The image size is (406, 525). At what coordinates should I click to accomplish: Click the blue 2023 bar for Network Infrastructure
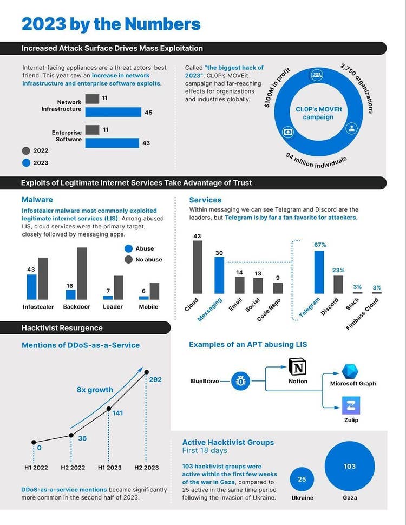[x=113, y=112]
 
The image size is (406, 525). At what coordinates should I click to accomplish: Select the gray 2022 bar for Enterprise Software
[x=92, y=130]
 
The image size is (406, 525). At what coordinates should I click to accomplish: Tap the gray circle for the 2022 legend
[x=26, y=151]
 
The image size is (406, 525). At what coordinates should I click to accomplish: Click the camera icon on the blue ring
[x=287, y=132]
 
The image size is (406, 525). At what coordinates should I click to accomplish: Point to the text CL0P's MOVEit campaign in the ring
[x=318, y=113]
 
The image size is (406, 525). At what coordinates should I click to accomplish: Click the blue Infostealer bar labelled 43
[x=32, y=287]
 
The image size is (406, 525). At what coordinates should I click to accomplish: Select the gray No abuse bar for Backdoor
[x=82, y=273]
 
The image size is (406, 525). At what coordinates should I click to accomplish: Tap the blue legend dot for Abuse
[x=129, y=248]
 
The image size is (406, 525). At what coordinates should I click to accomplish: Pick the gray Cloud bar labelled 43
[x=197, y=270]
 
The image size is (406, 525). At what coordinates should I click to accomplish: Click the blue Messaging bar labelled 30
[x=219, y=278]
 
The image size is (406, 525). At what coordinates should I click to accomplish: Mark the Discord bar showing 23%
[x=338, y=284]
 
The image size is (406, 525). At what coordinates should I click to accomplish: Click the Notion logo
[x=298, y=367]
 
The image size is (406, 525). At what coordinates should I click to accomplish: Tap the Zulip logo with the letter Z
[x=350, y=405]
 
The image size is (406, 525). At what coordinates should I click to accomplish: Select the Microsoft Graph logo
[x=350, y=372]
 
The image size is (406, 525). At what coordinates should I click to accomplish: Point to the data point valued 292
[x=146, y=372]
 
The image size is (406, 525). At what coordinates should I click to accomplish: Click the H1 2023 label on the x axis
[x=109, y=467]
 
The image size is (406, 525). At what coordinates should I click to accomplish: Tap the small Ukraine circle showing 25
[x=302, y=479]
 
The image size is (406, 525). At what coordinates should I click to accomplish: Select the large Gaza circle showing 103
[x=350, y=466]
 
